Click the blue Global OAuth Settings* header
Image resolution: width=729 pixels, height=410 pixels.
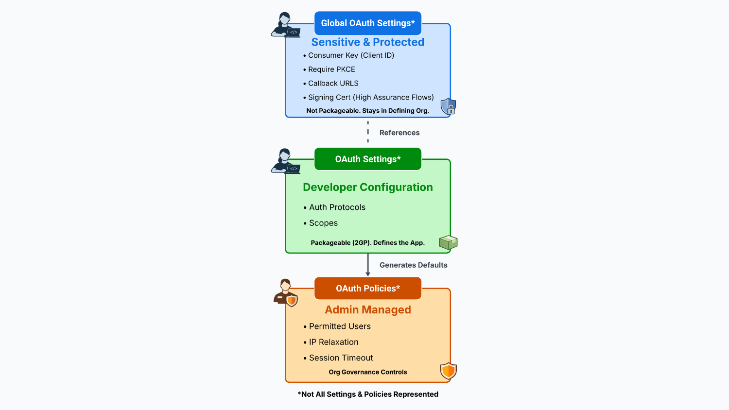368,23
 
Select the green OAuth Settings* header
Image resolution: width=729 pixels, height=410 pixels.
368,159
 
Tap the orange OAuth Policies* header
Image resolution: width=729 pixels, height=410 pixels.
368,289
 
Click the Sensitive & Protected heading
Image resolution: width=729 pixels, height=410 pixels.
368,42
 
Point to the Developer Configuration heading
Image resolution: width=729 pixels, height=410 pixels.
368,188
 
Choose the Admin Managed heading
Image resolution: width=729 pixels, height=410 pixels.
368,310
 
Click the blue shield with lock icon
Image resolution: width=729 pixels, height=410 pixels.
448,106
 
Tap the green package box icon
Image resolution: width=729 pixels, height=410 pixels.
448,242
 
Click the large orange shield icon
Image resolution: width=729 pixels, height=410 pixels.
448,371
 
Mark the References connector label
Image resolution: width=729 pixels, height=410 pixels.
399,133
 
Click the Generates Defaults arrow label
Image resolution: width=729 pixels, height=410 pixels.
413,265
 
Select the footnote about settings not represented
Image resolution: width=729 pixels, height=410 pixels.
368,394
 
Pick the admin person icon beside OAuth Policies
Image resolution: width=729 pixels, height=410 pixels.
285,292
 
